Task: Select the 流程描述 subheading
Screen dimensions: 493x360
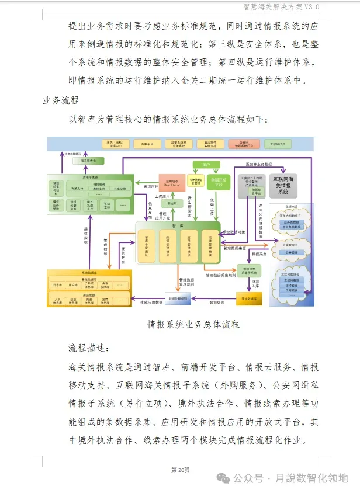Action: click(89, 348)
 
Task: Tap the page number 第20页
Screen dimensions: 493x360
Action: click(180, 470)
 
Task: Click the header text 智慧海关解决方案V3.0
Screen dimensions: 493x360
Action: click(281, 6)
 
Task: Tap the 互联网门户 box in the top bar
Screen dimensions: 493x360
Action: click(275, 144)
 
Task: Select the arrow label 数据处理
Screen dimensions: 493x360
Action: click(217, 302)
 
